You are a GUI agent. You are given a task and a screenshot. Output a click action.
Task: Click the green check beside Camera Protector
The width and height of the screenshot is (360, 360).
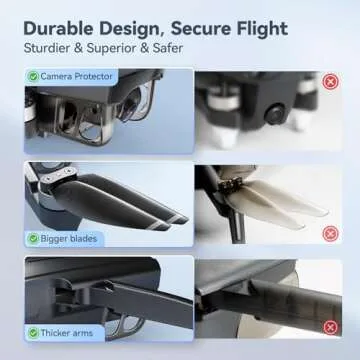coord(34,76)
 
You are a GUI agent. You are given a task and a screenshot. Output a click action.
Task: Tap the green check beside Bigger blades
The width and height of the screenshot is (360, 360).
coord(33,237)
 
